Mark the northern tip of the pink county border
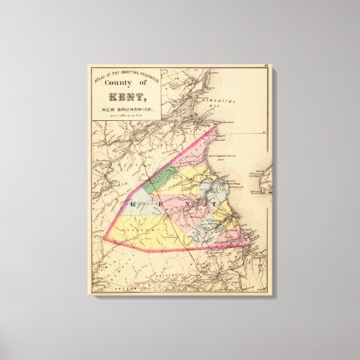click(215, 127)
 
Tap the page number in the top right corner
click(268, 67)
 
